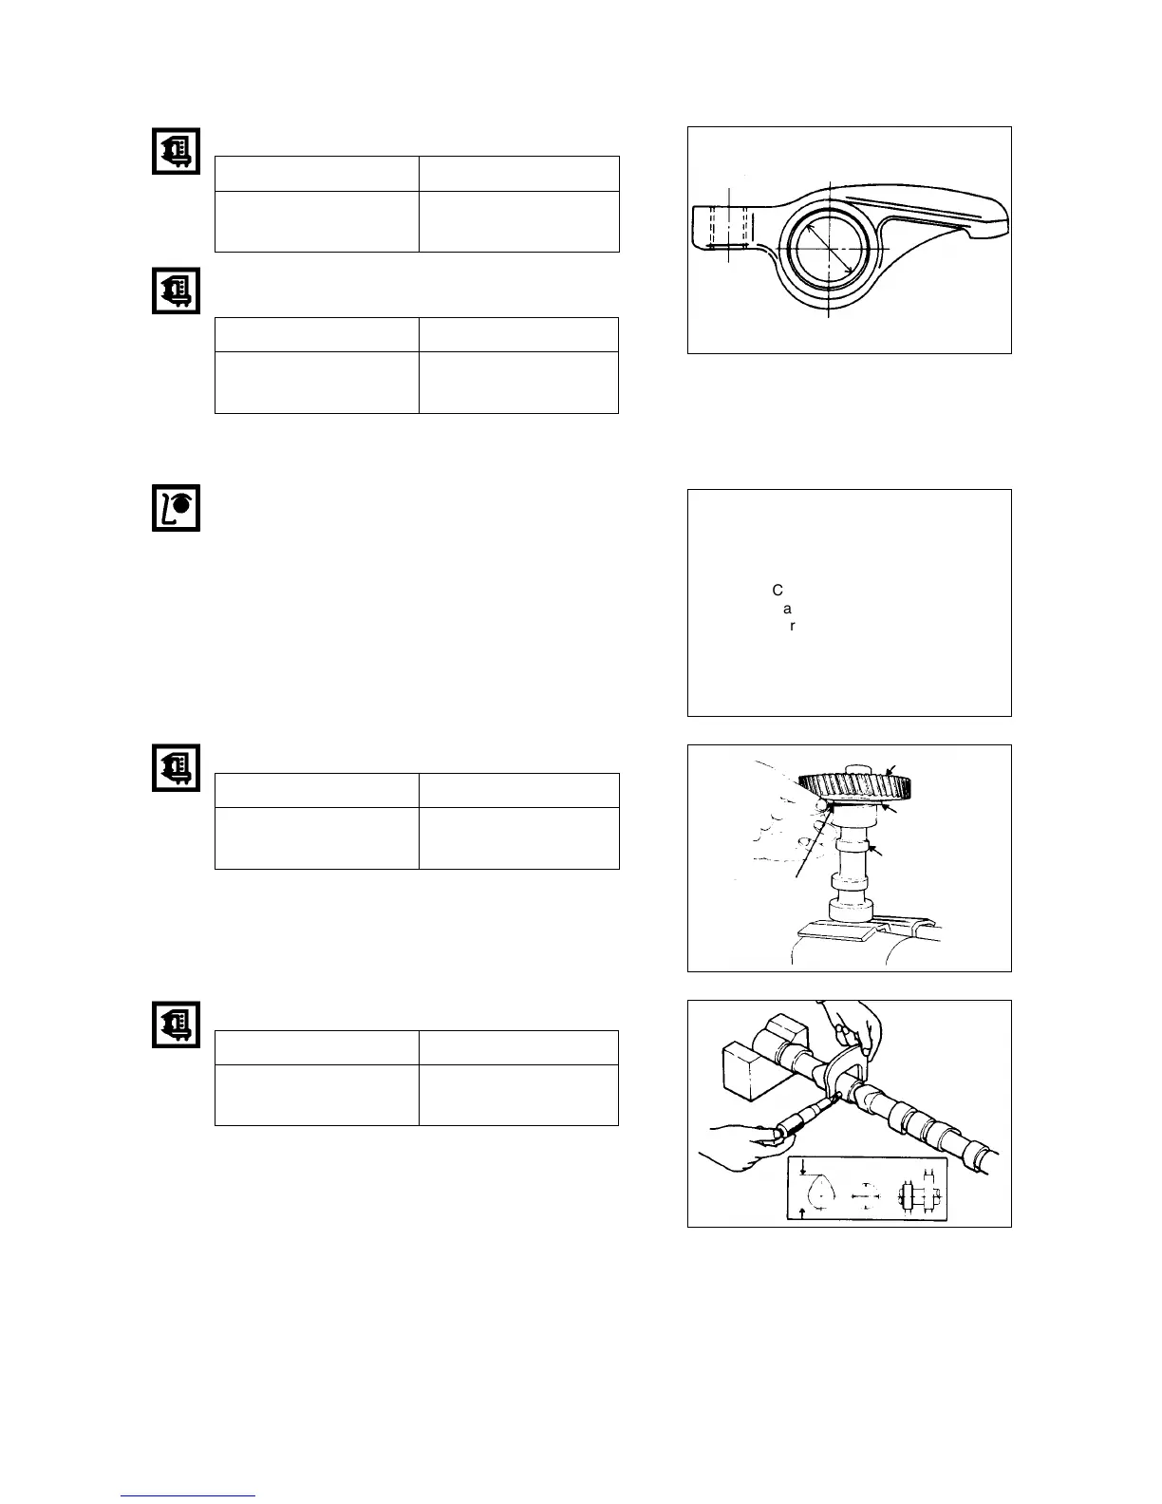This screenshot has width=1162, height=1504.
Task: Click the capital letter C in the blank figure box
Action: click(778, 591)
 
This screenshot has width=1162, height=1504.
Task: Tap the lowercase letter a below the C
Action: click(787, 609)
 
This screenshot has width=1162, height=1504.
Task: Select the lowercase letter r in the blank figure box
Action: click(793, 627)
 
